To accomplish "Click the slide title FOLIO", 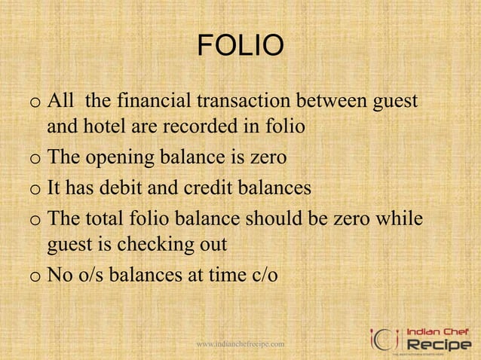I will [240, 49].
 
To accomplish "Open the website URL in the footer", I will [240, 344].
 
